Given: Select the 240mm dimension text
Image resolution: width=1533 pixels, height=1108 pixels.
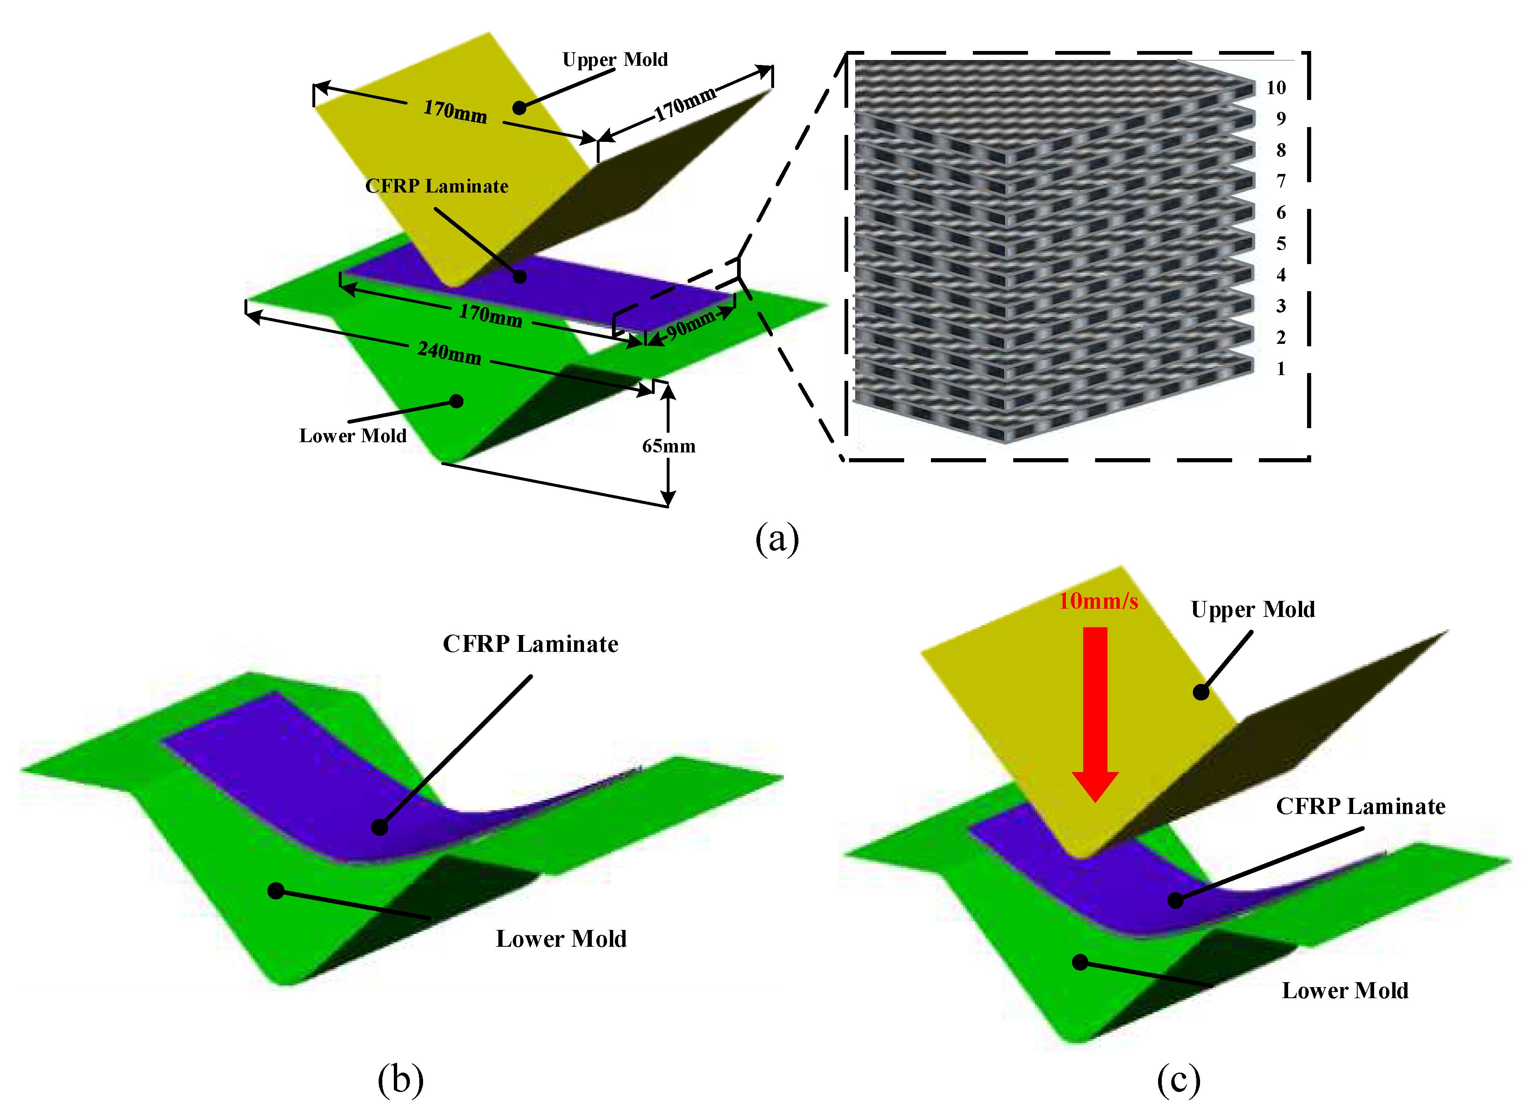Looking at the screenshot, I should click(x=449, y=352).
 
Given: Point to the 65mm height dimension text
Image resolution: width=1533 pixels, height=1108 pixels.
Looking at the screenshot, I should click(x=668, y=446).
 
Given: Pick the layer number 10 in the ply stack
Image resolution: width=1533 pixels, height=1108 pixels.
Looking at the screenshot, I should click(x=1275, y=88).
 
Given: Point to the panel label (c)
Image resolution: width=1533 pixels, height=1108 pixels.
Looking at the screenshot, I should click(x=1178, y=1078).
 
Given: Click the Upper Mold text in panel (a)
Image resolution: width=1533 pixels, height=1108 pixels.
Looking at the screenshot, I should click(x=615, y=60).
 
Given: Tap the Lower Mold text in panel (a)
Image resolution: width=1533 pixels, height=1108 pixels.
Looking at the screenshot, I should click(x=353, y=436).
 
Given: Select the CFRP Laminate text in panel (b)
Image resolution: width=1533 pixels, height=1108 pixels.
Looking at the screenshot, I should click(x=530, y=644).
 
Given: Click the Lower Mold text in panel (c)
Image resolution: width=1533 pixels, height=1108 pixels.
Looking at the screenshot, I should click(x=1345, y=990).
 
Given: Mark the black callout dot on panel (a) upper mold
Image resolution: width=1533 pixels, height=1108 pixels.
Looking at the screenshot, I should click(x=519, y=107).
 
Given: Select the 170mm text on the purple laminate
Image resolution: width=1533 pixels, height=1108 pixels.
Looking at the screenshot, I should click(x=491, y=315).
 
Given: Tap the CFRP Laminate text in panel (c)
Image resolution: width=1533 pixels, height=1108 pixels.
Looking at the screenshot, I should click(x=1361, y=806).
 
